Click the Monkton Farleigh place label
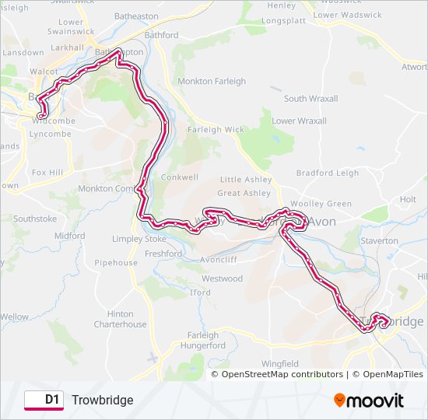coord(212,81)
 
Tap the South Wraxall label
coord(310,99)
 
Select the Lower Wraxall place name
coord(299,121)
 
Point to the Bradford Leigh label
coord(328,173)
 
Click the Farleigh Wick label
coord(216,130)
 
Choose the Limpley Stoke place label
coord(139,239)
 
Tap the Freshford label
coord(163,254)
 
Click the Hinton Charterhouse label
coord(120,319)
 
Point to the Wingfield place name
coord(279,363)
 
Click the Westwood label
coord(223,278)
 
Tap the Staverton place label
coord(379,241)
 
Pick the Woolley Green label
coord(321,204)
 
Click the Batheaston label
coord(136,16)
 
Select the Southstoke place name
coord(35,219)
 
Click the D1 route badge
coord(44,400)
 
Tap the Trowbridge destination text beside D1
coord(103,400)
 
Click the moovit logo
coord(369,401)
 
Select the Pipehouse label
coord(116,263)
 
